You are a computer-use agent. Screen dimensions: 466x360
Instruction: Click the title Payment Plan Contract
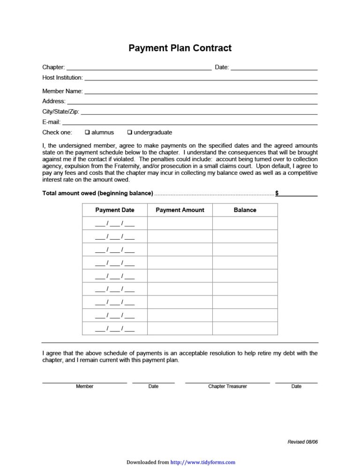(180, 48)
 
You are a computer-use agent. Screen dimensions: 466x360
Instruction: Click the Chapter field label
(53, 68)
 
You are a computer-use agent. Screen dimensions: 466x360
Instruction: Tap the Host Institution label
(62, 77)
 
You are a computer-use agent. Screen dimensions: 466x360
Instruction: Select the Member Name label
(62, 91)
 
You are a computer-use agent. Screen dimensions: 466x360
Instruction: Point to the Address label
(54, 101)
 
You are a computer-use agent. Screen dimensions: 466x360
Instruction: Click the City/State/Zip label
(60, 112)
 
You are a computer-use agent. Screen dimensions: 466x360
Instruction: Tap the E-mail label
(51, 122)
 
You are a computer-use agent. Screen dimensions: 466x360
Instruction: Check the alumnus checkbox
(87, 132)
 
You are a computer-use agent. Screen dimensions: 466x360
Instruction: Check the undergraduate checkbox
(130, 132)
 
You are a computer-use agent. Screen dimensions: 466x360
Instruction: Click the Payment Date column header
(115, 210)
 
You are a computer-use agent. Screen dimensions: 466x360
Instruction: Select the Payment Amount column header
(180, 210)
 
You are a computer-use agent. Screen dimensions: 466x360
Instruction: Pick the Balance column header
(245, 210)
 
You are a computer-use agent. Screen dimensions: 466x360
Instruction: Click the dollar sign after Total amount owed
(277, 193)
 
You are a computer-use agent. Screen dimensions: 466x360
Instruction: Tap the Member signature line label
(84, 386)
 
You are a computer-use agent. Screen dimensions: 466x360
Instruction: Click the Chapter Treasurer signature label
(227, 386)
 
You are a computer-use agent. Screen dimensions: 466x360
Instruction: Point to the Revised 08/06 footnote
(302, 442)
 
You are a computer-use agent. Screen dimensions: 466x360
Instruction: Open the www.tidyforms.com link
(203, 462)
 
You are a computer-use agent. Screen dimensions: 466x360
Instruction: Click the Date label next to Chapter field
(222, 68)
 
